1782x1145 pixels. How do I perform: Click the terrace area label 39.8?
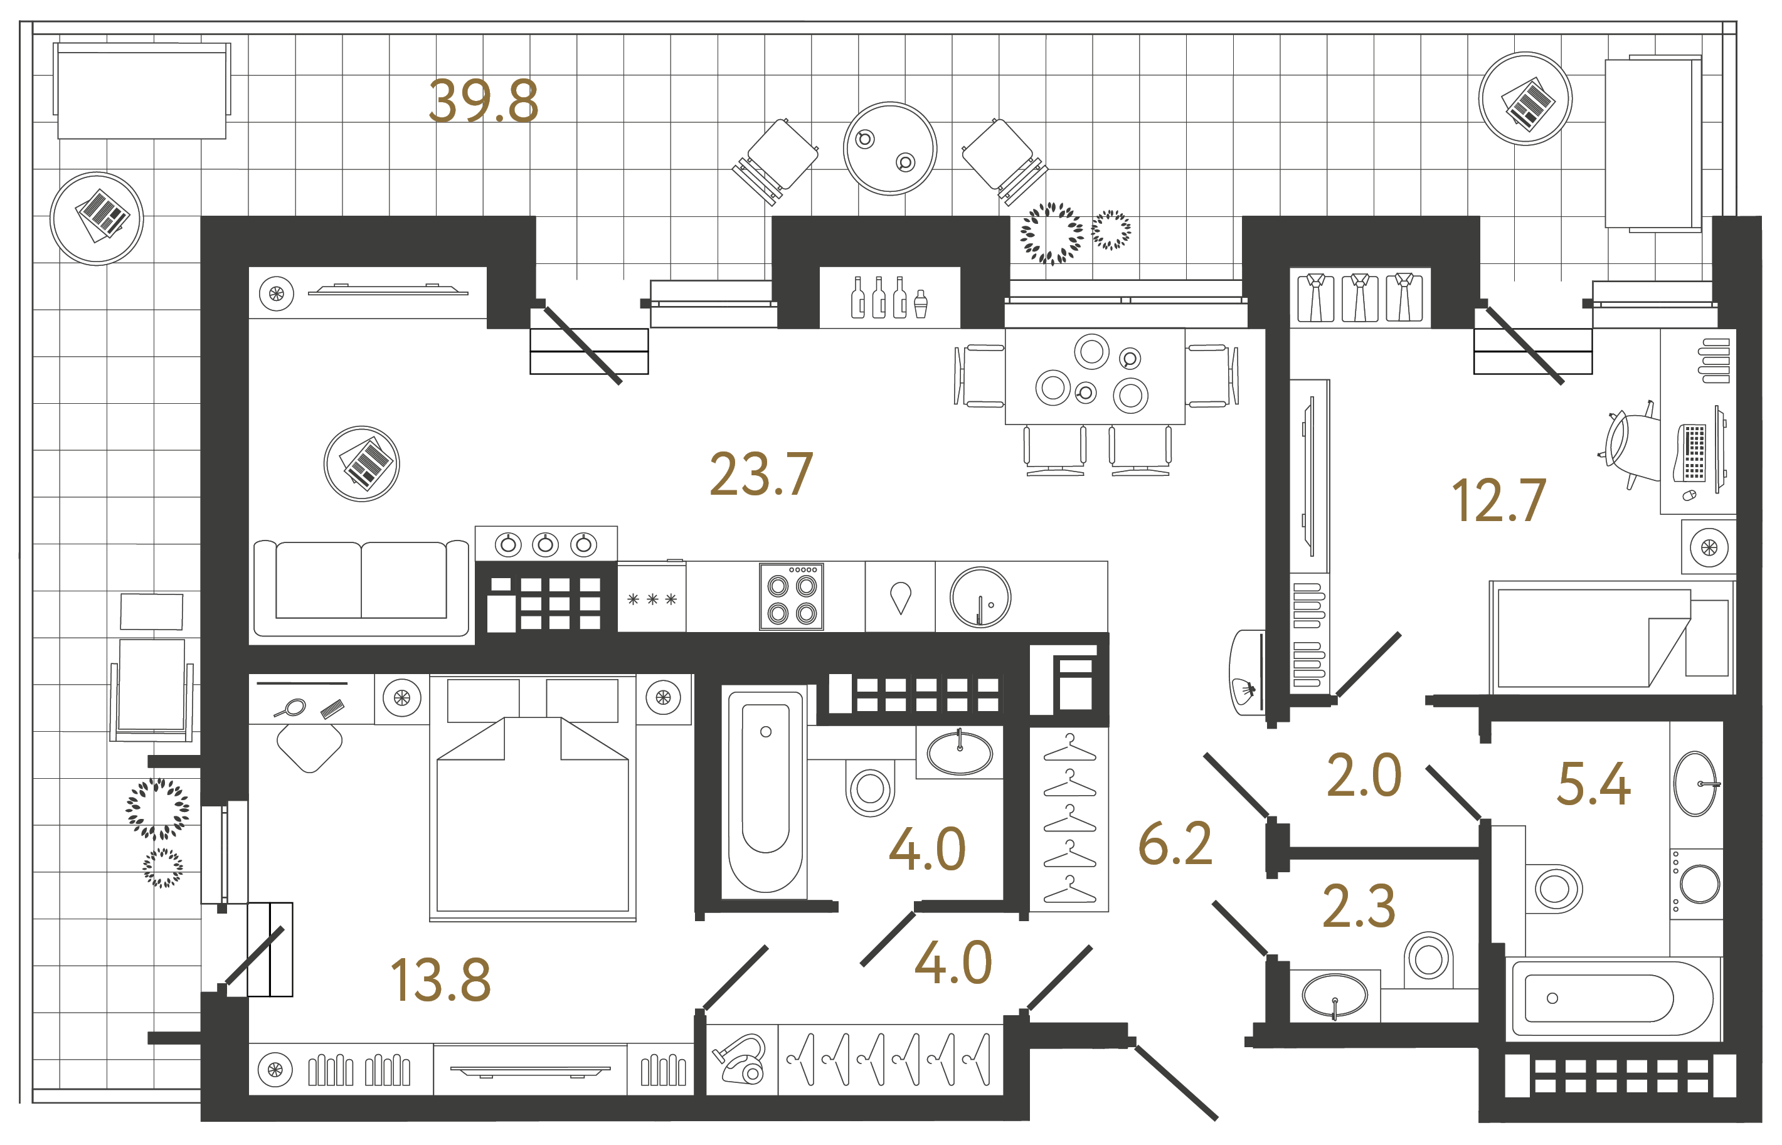coord(484,102)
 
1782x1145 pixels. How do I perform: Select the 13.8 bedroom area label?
coord(440,980)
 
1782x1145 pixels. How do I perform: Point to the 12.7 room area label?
coord(1498,501)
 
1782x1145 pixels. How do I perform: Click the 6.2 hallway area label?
coord(1175,844)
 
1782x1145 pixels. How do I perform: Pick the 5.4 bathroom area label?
coord(1594,784)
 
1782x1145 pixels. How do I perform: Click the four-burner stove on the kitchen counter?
coord(792,598)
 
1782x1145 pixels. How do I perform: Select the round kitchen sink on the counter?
coord(980,598)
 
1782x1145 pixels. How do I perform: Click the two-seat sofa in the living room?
coord(361,588)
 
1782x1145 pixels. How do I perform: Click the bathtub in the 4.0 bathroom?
coord(765,789)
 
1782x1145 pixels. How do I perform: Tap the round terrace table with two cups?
coord(889,149)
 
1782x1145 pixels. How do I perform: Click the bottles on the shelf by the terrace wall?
coord(889,298)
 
